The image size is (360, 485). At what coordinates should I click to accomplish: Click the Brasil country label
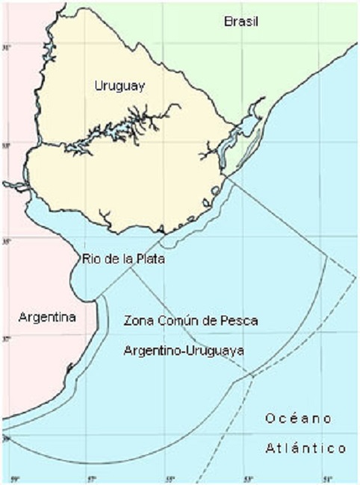pos(241,22)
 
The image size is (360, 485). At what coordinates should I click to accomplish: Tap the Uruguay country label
pos(120,86)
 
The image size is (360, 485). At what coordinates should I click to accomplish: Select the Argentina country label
pos(47,317)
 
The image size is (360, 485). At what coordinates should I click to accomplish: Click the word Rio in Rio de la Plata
pos(90,259)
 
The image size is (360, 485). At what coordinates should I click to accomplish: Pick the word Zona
pos(139,321)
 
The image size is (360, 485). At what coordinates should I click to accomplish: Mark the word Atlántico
pos(306,448)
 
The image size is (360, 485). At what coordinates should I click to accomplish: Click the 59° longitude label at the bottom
pos(13,478)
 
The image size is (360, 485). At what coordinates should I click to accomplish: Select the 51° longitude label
pos(327,478)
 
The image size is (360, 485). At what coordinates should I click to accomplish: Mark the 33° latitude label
pos(7,145)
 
